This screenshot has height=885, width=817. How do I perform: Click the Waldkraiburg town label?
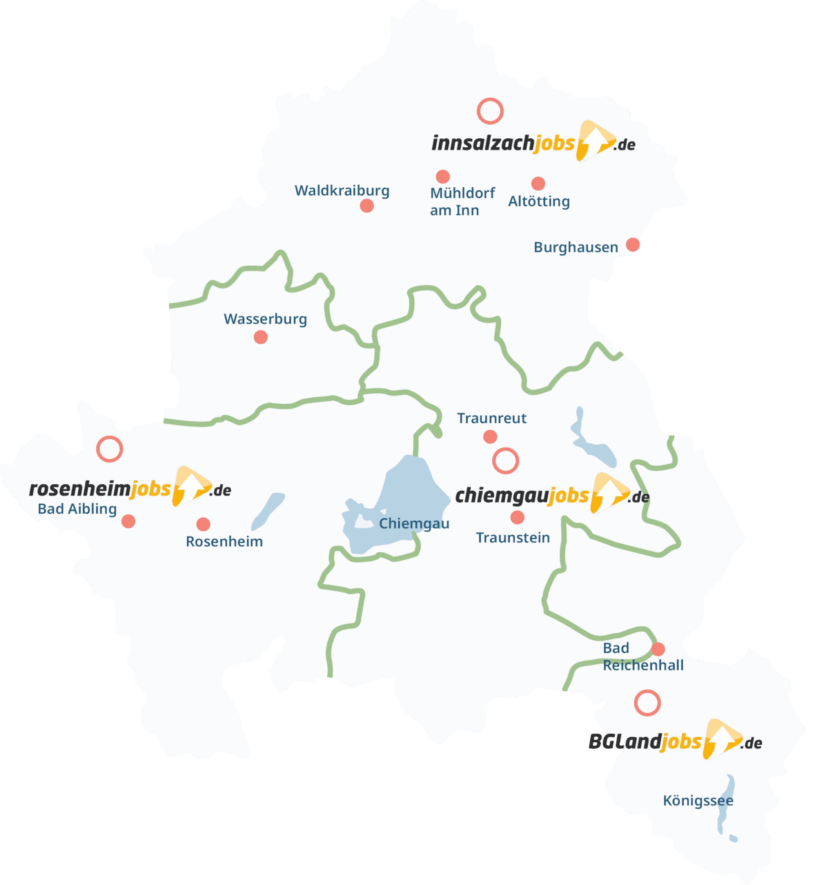(342, 190)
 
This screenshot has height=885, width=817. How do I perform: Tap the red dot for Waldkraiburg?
(366, 205)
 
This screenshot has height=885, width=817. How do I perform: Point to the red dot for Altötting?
(538, 183)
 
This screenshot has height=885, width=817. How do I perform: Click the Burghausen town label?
(576, 247)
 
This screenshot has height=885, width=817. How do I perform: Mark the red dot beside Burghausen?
(633, 244)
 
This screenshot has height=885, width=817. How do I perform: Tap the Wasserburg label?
(265, 319)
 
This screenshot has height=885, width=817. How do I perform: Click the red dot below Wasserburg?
(260, 337)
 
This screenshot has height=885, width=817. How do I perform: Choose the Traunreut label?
(492, 418)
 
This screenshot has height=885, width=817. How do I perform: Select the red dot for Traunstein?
(517, 517)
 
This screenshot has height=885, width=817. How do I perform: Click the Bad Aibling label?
(77, 509)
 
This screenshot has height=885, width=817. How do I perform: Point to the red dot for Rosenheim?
(203, 524)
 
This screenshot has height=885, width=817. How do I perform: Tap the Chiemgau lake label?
(414, 523)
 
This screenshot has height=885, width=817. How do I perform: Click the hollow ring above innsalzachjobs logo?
(490, 111)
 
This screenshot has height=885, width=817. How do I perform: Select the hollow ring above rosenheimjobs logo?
(109, 449)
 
